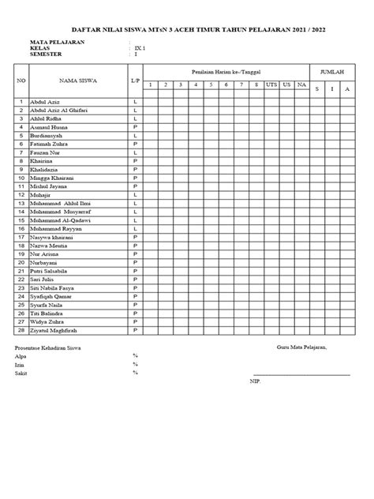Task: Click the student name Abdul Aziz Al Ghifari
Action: click(58, 111)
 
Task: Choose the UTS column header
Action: click(271, 84)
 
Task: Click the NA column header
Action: click(301, 84)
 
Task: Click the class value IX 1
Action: click(140, 47)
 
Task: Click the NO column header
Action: click(21, 81)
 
